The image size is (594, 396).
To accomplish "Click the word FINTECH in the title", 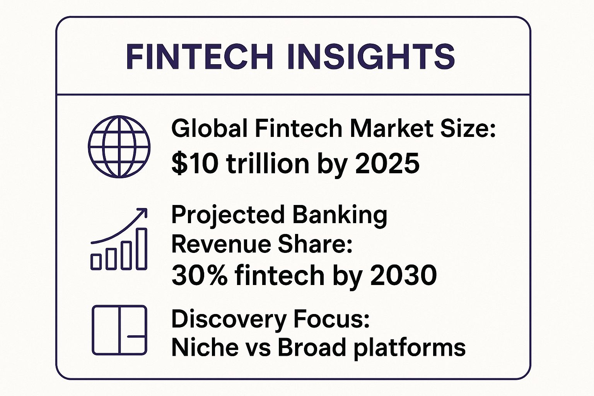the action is (200, 57).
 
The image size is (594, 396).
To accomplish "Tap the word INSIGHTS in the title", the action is (371, 57).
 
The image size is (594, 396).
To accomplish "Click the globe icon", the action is (119, 147).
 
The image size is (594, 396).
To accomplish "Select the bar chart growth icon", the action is (119, 239).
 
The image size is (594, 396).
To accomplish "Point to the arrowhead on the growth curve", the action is (143, 212).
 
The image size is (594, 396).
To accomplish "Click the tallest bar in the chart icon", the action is (141, 249).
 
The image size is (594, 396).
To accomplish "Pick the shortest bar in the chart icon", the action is (96, 262).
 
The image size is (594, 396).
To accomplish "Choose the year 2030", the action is (403, 275).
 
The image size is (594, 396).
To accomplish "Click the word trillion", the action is (268, 162).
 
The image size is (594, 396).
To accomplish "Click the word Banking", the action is (340, 215).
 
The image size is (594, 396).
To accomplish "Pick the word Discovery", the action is (229, 319).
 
